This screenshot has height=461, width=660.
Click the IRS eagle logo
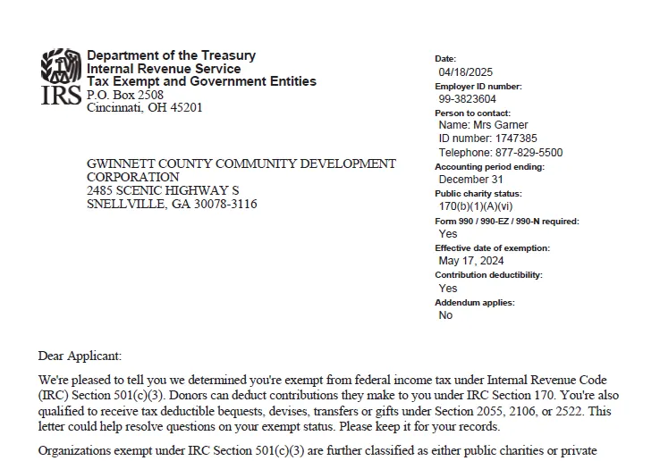tap(61, 65)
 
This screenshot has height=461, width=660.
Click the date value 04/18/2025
tap(465, 72)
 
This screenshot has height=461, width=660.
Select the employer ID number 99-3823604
tap(467, 99)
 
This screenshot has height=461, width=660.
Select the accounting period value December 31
tap(470, 180)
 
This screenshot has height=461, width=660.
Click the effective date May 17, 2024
tap(470, 261)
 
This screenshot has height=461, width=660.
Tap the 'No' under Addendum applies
tap(445, 315)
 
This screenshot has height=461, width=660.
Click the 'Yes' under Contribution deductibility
tap(447, 289)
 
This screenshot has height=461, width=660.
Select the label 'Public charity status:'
tap(478, 194)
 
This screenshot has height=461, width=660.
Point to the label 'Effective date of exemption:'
tap(492, 248)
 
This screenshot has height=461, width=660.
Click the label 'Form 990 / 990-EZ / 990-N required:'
tap(506, 221)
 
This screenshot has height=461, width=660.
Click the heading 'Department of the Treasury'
tap(171, 55)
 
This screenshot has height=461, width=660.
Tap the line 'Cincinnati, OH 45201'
tap(144, 108)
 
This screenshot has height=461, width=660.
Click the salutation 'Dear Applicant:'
tap(80, 356)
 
